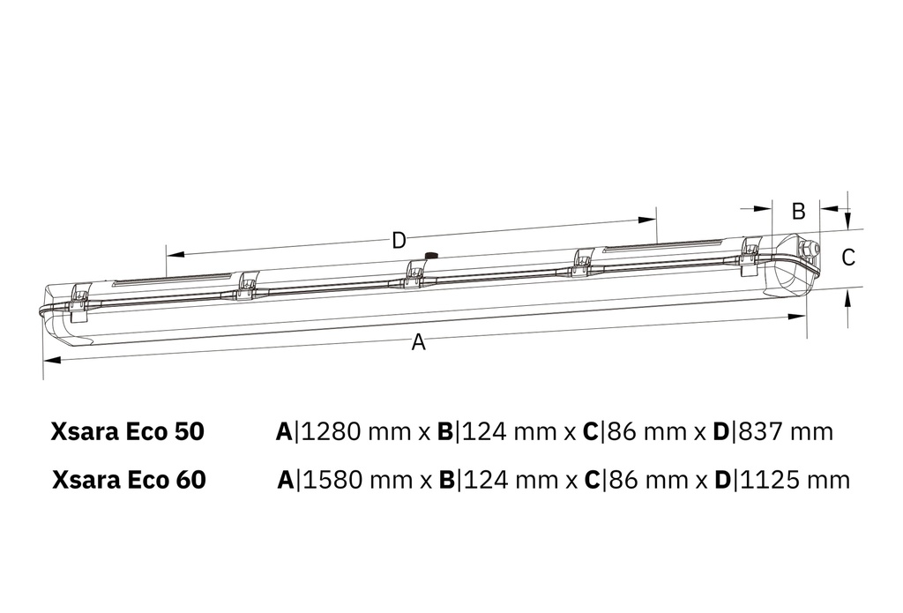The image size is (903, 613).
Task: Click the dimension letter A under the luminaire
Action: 418,343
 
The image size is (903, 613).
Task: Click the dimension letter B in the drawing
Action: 798,212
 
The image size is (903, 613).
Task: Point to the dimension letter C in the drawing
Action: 847,258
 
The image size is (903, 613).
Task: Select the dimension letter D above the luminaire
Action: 399,240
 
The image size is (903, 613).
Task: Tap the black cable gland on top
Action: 431,256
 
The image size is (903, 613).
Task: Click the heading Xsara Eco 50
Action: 128,432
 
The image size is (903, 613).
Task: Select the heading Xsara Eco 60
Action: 129,480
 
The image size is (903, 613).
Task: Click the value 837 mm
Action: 783,432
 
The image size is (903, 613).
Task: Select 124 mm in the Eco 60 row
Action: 510,480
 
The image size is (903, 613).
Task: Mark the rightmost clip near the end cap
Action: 750,250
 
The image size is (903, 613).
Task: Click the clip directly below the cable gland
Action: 414,273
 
